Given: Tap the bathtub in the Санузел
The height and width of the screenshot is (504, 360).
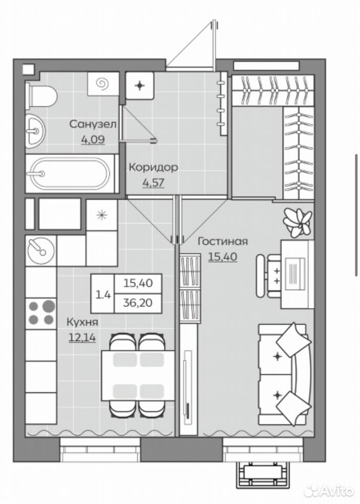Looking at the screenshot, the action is click(x=71, y=174).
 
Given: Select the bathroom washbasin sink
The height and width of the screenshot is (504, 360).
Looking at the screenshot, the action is click(x=35, y=131).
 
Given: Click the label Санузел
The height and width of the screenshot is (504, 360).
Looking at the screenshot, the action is click(x=93, y=124).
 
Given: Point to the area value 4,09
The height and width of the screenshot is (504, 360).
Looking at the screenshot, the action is click(x=93, y=140).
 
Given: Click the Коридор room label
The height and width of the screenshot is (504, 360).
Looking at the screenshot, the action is click(x=153, y=167).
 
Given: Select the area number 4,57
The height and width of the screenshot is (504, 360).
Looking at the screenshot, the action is click(x=153, y=183).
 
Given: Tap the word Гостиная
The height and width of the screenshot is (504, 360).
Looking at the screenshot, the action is click(x=223, y=241).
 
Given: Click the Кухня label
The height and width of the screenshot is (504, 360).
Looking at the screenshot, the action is click(x=82, y=322).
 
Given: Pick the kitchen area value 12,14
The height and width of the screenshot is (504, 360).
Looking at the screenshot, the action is click(x=82, y=337).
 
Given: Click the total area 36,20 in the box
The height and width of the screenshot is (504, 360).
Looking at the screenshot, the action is click(x=138, y=303).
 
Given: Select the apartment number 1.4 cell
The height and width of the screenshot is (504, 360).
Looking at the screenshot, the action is click(x=103, y=294).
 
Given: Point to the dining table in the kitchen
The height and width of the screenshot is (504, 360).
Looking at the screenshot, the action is click(x=138, y=375).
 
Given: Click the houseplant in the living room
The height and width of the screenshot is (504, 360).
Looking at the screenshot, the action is click(x=297, y=222).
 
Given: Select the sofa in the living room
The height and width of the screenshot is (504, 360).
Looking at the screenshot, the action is click(x=285, y=374).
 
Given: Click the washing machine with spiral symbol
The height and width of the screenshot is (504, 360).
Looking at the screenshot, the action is click(x=103, y=84).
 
